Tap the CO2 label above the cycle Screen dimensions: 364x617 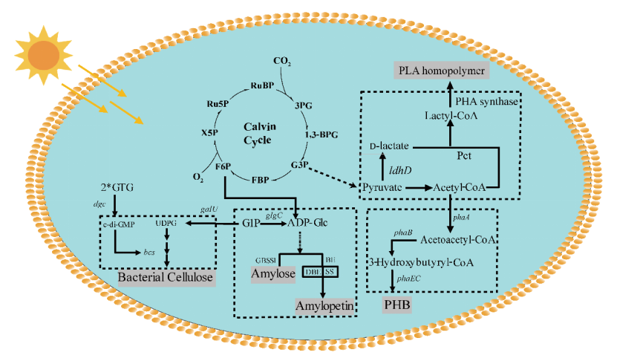tap(282, 61)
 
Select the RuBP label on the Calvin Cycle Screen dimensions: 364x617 tap(262, 86)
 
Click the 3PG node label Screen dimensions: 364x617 tap(304, 105)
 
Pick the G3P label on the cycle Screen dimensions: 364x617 tap(300, 164)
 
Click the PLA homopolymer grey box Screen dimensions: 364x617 tap(443, 71)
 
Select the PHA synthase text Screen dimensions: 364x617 tap(486, 102)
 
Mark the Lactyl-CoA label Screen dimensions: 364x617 tap(451, 116)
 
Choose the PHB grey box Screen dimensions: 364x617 tap(397, 305)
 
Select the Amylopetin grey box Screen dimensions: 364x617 tap(323, 306)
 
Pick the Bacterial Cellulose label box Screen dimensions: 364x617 tap(166, 278)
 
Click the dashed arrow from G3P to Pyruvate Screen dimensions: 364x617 tap(331, 175)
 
